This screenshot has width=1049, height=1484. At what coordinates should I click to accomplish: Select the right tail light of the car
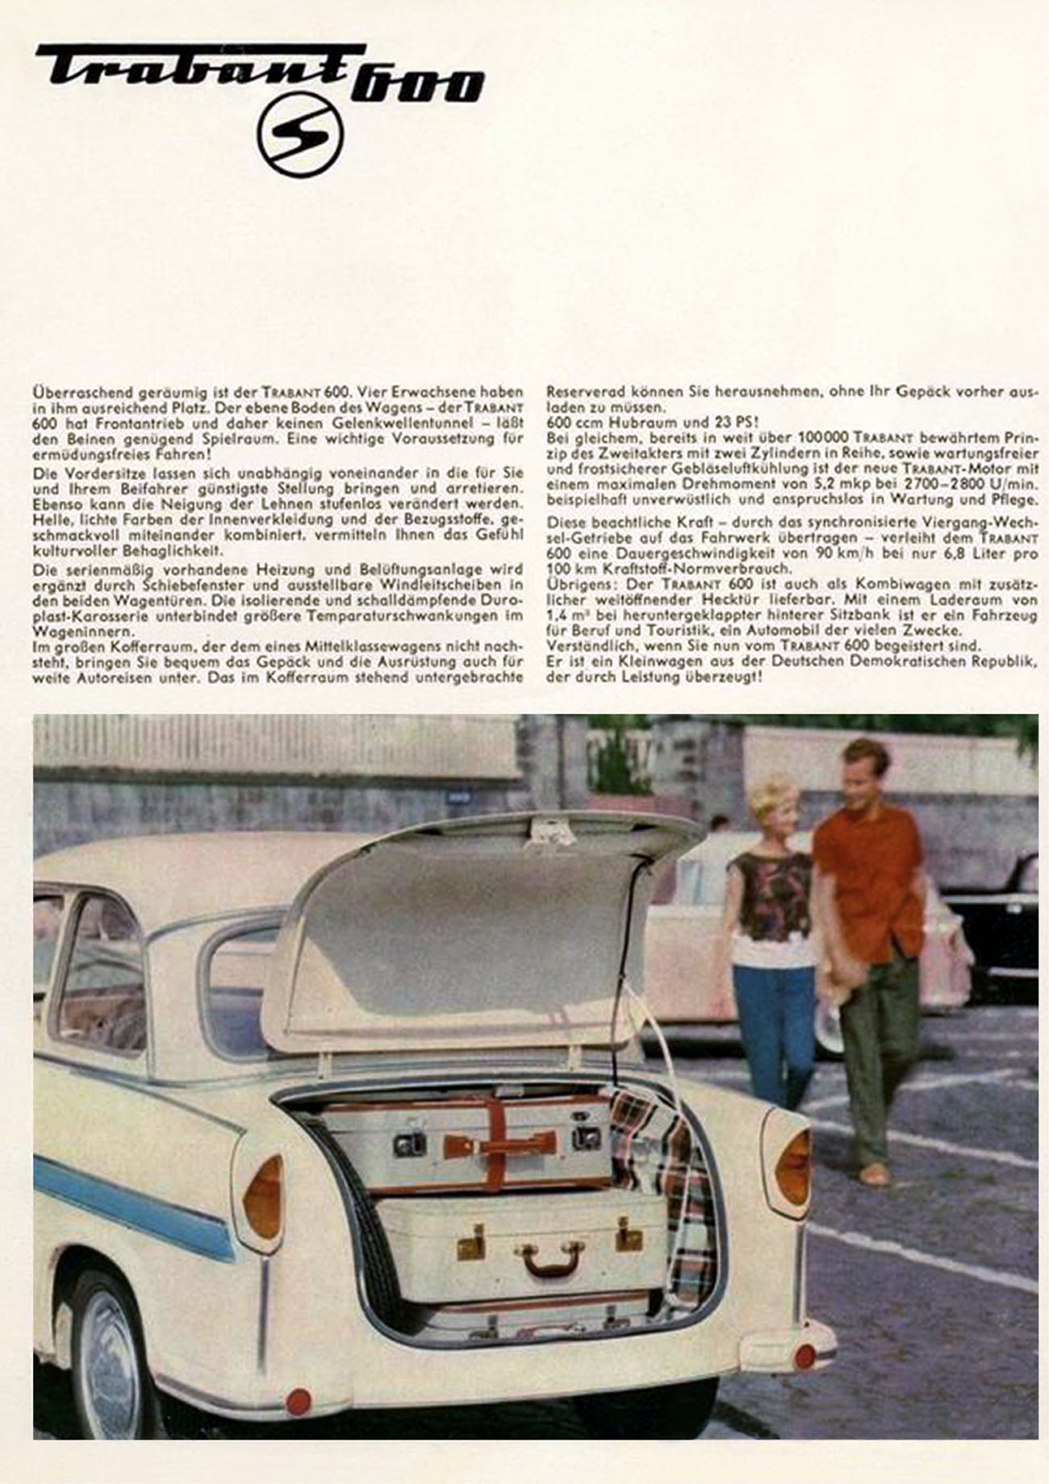coord(792,1166)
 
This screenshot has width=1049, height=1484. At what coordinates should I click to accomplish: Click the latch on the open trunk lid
coord(551,831)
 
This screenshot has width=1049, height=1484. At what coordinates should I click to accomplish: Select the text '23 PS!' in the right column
coord(733,422)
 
